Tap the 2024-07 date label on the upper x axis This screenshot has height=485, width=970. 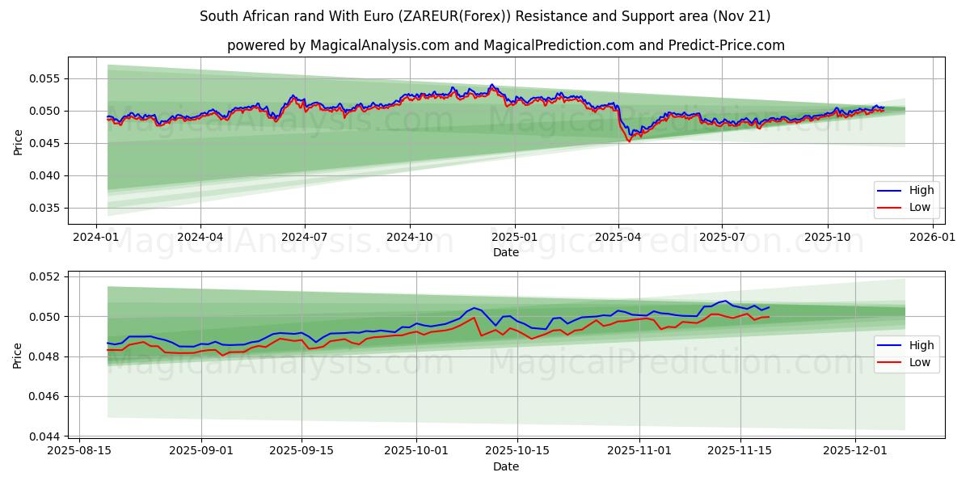[x=305, y=238]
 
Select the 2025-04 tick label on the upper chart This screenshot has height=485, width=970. [x=618, y=238]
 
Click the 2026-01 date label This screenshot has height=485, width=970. [x=932, y=238]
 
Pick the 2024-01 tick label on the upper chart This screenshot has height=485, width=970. [x=96, y=238]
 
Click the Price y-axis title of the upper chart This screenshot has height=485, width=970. [x=18, y=141]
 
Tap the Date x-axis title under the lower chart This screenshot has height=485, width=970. [x=506, y=466]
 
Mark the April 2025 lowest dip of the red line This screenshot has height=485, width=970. [x=629, y=141]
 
